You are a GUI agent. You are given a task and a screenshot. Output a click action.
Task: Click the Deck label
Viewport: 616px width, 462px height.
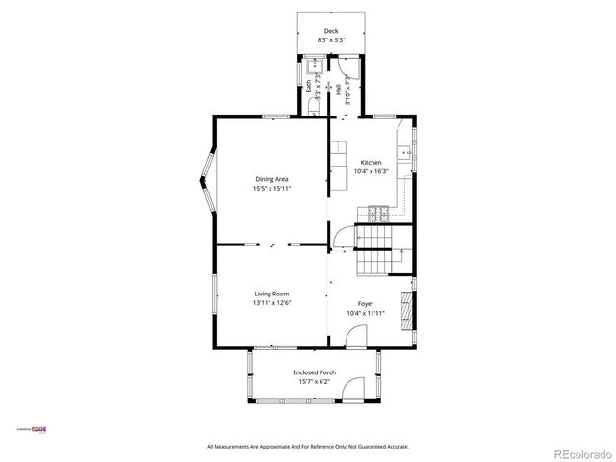coord(331,31)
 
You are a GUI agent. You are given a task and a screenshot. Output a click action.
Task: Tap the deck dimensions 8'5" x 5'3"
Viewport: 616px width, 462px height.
coord(331,40)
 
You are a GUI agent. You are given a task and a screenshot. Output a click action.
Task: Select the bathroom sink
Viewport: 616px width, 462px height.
coord(315,67)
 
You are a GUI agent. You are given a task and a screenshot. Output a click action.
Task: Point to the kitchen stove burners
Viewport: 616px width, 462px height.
coord(383,211)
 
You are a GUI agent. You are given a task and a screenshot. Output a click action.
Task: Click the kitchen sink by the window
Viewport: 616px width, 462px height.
coord(409,151)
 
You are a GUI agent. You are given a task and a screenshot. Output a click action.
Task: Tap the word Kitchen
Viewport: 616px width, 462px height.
coord(372,162)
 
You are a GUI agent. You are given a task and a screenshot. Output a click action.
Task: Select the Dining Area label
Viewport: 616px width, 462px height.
coord(271,179)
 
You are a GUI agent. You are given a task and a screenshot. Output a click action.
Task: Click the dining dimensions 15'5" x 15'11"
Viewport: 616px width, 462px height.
coord(271,189)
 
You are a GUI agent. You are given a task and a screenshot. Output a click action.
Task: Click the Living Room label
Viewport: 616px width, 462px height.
coord(271,294)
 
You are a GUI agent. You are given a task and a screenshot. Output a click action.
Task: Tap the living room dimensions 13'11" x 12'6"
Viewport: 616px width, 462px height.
coord(271,303)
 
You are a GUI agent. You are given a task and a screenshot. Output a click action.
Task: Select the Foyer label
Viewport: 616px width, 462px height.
coord(366,303)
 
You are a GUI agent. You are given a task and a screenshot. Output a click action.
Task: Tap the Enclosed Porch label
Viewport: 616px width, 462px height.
coord(314,372)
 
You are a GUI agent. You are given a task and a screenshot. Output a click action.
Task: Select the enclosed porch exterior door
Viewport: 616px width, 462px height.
coord(353,391)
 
